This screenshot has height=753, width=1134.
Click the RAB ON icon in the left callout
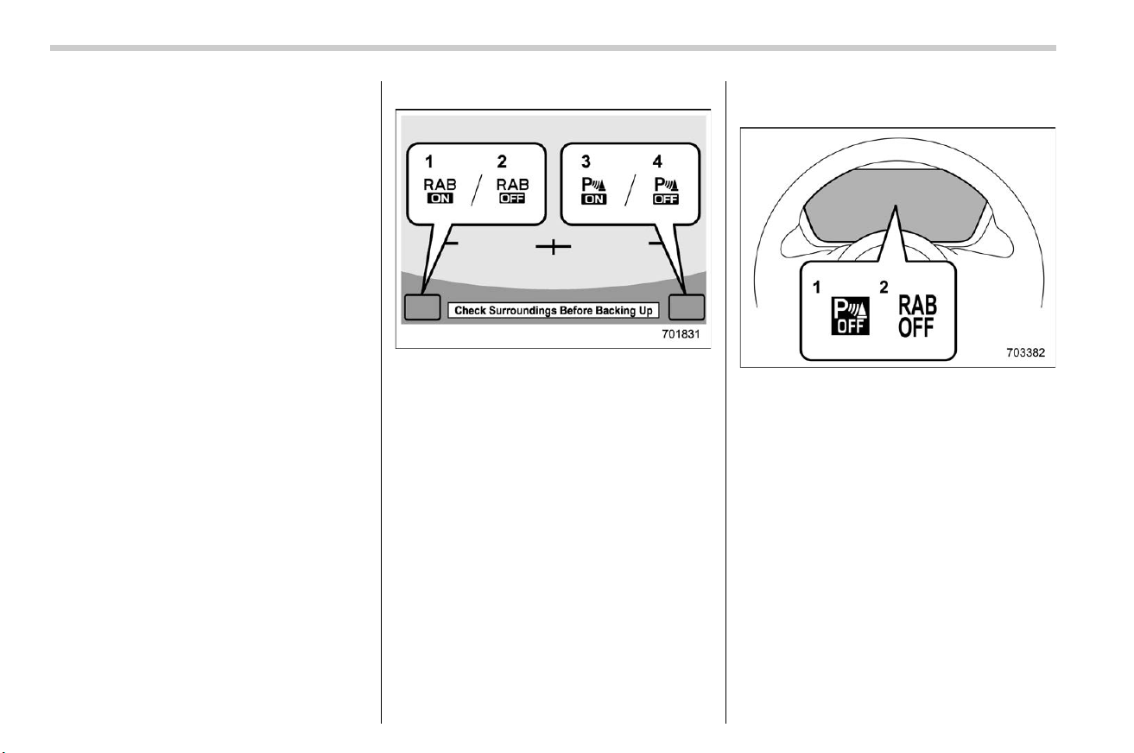(x=440, y=191)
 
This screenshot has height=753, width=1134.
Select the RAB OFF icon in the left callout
(x=512, y=191)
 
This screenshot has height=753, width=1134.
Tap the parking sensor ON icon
(x=594, y=191)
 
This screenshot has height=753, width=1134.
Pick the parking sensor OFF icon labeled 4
(x=666, y=191)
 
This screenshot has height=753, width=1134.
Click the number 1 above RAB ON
(x=428, y=162)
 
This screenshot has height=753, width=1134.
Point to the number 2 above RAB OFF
(x=502, y=162)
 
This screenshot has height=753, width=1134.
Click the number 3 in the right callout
(x=586, y=162)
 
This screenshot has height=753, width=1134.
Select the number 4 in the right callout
(x=657, y=162)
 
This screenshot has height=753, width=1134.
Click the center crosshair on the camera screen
(x=554, y=246)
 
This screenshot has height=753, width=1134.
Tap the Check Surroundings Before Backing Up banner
(x=554, y=310)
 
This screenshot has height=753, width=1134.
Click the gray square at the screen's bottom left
(x=422, y=307)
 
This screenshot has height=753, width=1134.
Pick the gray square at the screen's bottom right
(x=687, y=307)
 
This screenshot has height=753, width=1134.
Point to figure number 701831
(x=681, y=334)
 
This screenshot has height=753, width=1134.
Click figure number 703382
(x=1026, y=352)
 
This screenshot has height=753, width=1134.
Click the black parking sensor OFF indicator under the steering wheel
(x=851, y=316)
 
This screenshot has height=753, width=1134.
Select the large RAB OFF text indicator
(x=917, y=316)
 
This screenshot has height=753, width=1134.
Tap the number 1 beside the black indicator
(x=816, y=288)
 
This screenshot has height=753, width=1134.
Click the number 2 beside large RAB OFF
(x=884, y=288)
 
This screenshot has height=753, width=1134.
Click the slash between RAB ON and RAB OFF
(x=477, y=190)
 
